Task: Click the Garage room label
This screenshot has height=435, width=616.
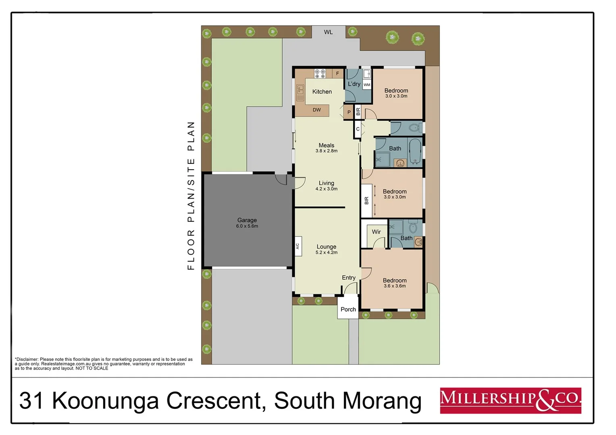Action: pos(247,220)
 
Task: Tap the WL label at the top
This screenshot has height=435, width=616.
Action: pos(328,32)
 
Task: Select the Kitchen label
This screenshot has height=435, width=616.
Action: pos(322,92)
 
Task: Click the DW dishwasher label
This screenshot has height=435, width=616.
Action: pos(317,110)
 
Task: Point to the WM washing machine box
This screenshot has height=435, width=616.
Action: pos(367,85)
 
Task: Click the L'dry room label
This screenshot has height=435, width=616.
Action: pos(354,84)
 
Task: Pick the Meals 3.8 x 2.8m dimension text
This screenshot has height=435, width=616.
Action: pos(326,151)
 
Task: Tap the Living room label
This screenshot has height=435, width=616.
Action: pos(326,183)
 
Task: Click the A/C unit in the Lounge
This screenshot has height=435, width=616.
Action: pos(298,246)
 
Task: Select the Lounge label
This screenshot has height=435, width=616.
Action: pos(326,247)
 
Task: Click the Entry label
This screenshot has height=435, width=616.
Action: pos(349,278)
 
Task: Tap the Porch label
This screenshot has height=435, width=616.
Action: pos(348,310)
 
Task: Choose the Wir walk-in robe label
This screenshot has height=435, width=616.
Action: pos(376,232)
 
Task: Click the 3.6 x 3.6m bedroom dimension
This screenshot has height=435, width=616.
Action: pos(394,286)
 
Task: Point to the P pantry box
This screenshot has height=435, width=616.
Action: pos(349,112)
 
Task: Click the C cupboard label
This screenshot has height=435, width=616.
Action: pos(358,129)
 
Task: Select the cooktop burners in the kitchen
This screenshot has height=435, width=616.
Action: pos(320,73)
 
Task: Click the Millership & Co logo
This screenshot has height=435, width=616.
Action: pos(510,400)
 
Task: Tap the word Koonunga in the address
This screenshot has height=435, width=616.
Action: pos(106,401)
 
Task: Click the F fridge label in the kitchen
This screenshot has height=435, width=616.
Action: pos(338,74)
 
